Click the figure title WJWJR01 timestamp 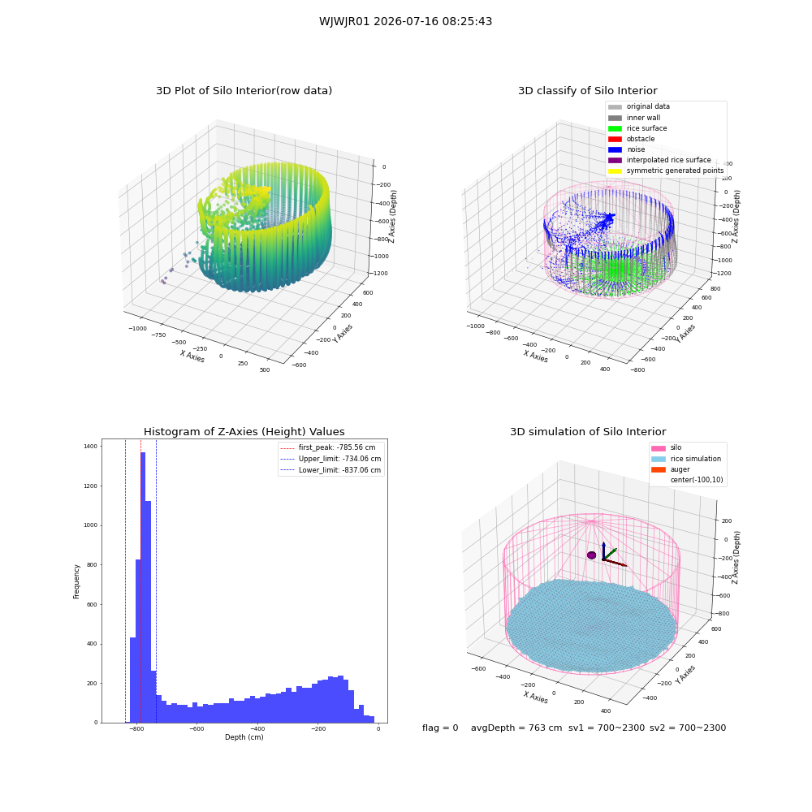(x=405, y=21)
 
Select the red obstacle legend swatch (x=615, y=139)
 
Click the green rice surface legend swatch (x=615, y=128)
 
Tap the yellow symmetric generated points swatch (x=615, y=171)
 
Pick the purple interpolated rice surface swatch (x=615, y=160)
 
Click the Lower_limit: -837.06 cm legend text (x=339, y=470)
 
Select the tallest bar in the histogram (x=143, y=587)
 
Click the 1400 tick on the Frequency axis (x=91, y=446)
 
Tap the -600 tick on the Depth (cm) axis (x=197, y=728)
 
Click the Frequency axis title (x=76, y=581)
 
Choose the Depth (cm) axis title (x=244, y=737)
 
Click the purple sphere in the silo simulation (x=591, y=555)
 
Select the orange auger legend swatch (x=659, y=469)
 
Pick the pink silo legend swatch (x=659, y=448)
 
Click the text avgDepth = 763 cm (x=516, y=728)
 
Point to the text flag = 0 (x=440, y=728)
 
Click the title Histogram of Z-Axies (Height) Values (x=244, y=431)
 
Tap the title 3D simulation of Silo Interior (x=588, y=431)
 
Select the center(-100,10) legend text (x=696, y=480)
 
